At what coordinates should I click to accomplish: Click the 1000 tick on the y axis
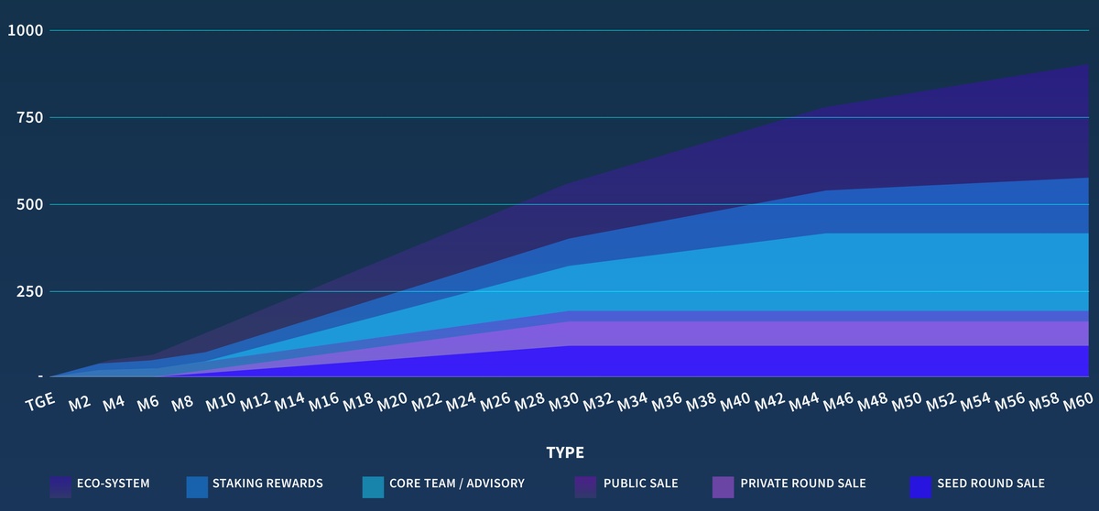pyautogui.click(x=25, y=30)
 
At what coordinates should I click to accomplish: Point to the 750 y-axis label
pyautogui.click(x=28, y=117)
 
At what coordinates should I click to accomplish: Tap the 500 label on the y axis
pyautogui.click(x=28, y=204)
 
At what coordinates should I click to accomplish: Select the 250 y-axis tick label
pyautogui.click(x=28, y=291)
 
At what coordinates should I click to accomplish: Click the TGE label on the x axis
pyautogui.click(x=41, y=400)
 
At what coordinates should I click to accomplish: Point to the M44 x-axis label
pyautogui.click(x=802, y=401)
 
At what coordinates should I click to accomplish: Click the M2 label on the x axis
pyautogui.click(x=80, y=401)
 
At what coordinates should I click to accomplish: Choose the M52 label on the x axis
pyautogui.click(x=940, y=401)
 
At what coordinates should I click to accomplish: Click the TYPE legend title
pyautogui.click(x=565, y=452)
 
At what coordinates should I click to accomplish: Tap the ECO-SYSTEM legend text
pyautogui.click(x=114, y=484)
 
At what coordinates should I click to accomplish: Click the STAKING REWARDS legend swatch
pyautogui.click(x=197, y=486)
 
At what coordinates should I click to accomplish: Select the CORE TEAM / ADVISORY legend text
pyautogui.click(x=457, y=484)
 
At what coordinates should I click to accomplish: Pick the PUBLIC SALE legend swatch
pyautogui.click(x=585, y=486)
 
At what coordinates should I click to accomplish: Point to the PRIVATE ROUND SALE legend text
pyautogui.click(x=803, y=484)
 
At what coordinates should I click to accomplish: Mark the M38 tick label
pyautogui.click(x=700, y=401)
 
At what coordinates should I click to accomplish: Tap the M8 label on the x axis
pyautogui.click(x=182, y=401)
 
